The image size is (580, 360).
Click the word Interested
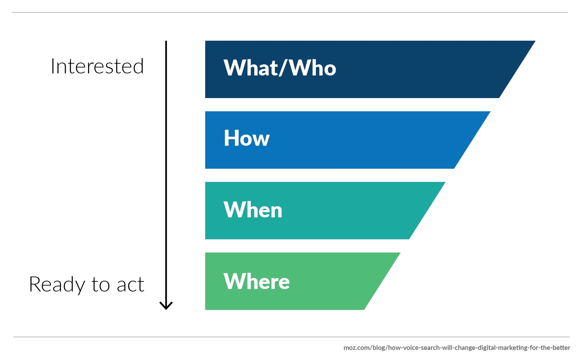point(97,66)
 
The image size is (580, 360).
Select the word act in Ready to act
point(130,285)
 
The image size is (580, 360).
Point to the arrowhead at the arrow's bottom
point(166,306)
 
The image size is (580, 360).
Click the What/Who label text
point(280,68)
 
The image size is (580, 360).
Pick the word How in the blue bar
point(246,138)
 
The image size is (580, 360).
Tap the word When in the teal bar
point(253,209)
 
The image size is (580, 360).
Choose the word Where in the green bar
point(256,281)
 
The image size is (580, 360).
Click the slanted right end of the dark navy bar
point(517,69)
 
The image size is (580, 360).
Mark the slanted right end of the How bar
point(472,140)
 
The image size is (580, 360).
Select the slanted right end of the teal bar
point(427,211)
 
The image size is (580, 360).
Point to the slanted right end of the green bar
point(382,281)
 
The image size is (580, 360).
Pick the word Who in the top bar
point(312,68)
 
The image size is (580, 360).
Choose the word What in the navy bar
point(251,68)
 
